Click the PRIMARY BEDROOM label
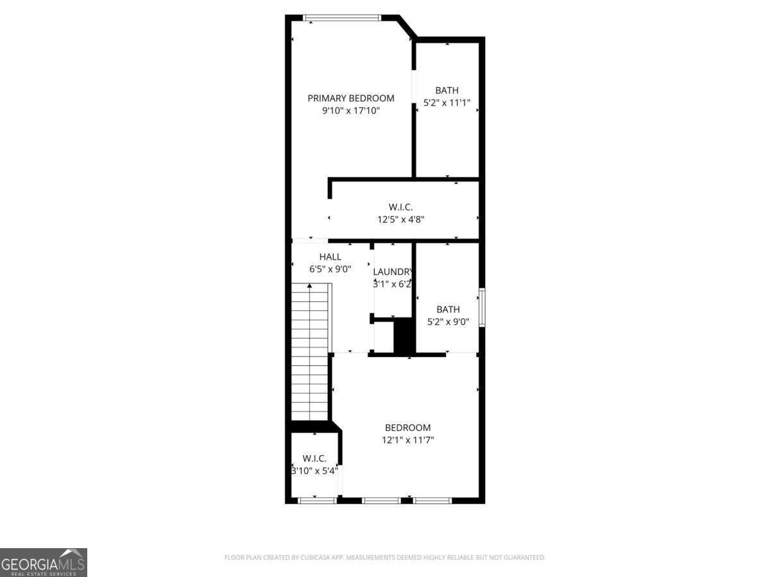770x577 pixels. coord(350,98)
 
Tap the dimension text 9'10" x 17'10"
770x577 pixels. coord(350,111)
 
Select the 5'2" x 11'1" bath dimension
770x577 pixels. coord(447,103)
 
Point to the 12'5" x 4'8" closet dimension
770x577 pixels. coord(400,219)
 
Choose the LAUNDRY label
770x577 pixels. coord(392,271)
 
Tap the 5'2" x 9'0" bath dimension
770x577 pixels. coord(448,322)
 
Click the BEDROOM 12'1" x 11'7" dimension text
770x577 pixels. coord(407,440)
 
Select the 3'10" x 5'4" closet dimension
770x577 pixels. coord(314,471)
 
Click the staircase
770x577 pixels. coord(310,353)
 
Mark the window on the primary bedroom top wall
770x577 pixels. coord(342,18)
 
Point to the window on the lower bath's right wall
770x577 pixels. coord(481,308)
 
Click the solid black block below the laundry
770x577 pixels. coord(404,336)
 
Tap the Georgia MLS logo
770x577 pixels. coord(43,562)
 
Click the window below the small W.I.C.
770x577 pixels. coord(318,500)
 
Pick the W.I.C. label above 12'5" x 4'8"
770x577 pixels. coord(400,207)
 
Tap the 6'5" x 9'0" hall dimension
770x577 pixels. coord(330,270)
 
